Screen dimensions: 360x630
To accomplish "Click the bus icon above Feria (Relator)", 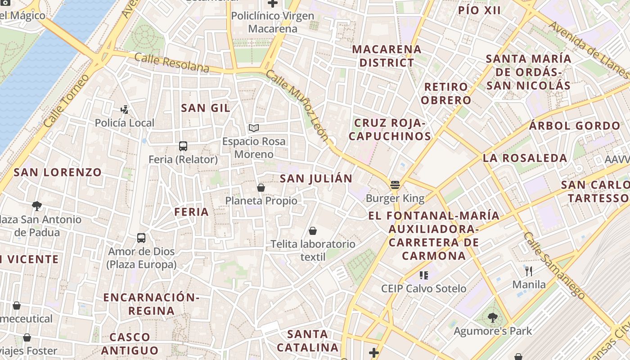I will pyautogui.click(x=183, y=146).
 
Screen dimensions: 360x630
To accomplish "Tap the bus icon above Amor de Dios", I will pyautogui.click(x=141, y=238).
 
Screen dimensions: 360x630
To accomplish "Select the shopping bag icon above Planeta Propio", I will pyautogui.click(x=261, y=188).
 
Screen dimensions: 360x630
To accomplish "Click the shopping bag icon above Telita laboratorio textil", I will pyautogui.click(x=313, y=231).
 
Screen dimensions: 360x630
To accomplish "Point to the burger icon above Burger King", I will pyautogui.click(x=395, y=185).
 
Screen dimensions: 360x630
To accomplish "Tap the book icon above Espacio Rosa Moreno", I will pyautogui.click(x=254, y=128).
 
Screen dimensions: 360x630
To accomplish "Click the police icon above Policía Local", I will pyautogui.click(x=125, y=109).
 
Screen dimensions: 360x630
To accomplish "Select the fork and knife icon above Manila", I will pyautogui.click(x=529, y=271).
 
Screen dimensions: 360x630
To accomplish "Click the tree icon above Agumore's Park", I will pyautogui.click(x=493, y=318).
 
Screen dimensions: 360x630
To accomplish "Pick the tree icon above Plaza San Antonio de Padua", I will pyautogui.click(x=37, y=206).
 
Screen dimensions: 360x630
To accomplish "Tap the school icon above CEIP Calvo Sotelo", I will pyautogui.click(x=423, y=275).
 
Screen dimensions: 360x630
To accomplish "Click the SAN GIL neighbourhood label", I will pyautogui.click(x=206, y=108).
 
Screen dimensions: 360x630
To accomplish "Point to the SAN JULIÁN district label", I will pyautogui.click(x=316, y=179).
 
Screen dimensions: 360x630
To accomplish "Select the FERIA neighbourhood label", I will pyautogui.click(x=192, y=212).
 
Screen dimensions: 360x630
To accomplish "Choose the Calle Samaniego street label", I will pyautogui.click(x=554, y=265).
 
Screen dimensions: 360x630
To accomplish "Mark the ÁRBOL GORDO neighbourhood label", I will pyautogui.click(x=575, y=126).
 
